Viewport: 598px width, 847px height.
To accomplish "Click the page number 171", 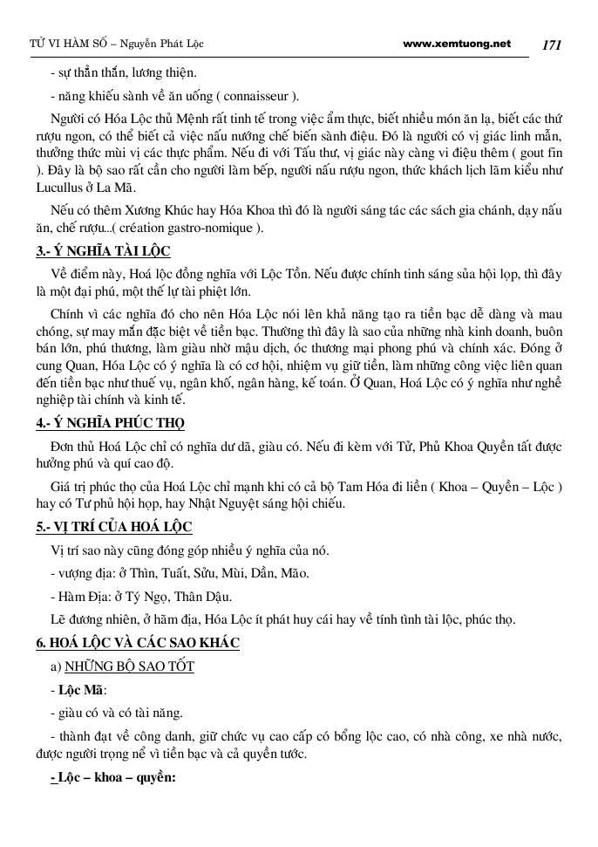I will (x=554, y=44).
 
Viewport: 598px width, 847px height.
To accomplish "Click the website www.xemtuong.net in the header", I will (x=458, y=43).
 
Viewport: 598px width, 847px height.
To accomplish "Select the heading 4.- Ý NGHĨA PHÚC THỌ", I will (x=110, y=423).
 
